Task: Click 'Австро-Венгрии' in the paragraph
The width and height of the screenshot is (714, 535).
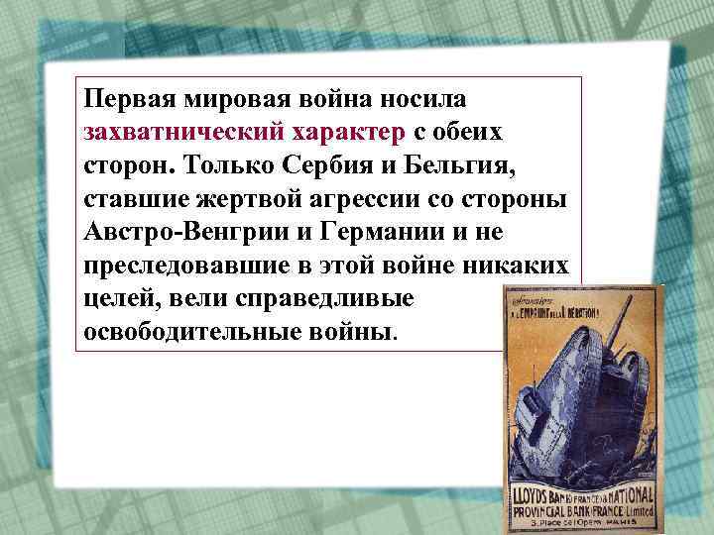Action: tap(188, 231)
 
